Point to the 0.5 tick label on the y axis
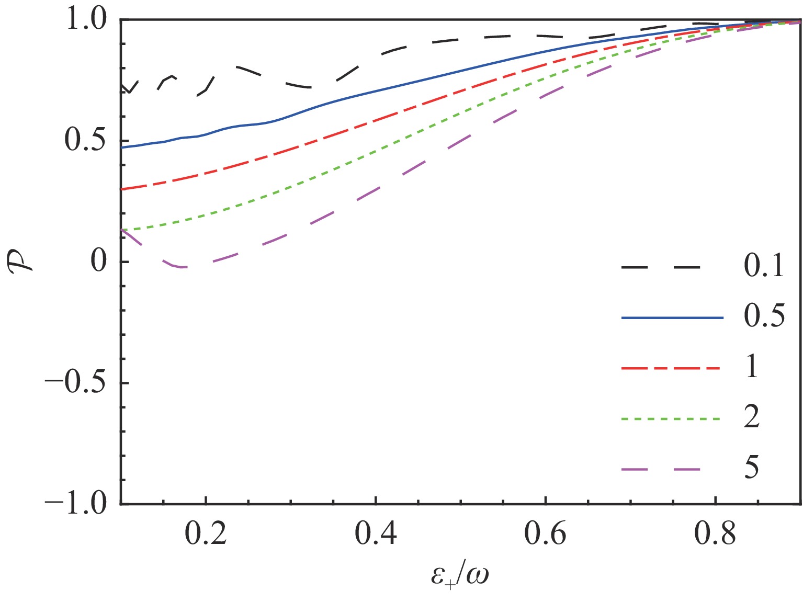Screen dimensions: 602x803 86,141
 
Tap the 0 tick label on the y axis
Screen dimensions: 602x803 99,262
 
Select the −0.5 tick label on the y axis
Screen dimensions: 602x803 76,382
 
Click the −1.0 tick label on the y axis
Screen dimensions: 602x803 76,503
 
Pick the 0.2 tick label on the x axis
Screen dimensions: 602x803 206,535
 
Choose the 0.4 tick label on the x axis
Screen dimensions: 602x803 376,535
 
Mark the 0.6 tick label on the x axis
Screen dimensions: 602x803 545,535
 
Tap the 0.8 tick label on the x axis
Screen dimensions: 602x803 715,535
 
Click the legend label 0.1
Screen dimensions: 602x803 764,267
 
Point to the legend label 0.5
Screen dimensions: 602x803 764,317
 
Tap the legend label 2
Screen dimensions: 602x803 752,418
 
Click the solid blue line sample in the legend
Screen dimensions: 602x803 672,317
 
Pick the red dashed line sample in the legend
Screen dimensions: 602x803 672,368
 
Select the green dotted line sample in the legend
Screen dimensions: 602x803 672,418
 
